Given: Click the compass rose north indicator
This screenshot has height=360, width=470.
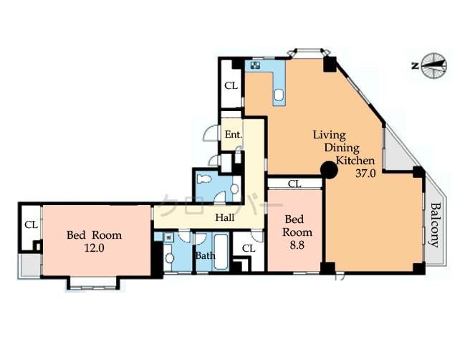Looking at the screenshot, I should (433, 65).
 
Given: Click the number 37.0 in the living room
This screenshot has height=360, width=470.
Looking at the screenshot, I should (366, 173).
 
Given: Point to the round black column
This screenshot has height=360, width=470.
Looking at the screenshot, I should (328, 170).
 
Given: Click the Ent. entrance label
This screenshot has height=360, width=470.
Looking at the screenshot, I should (233, 135).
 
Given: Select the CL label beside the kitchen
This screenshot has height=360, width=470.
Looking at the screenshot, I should (231, 85).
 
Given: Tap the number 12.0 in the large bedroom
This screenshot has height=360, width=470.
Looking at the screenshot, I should (94, 248).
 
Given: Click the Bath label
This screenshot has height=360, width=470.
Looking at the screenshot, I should (205, 255).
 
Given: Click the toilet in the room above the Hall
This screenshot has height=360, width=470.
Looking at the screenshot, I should (206, 180).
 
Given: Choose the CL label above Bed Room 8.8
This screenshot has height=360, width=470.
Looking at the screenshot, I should (294, 184).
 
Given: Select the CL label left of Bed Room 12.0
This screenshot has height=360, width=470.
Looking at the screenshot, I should (31, 224).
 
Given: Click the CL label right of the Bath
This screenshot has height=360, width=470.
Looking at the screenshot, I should (248, 248).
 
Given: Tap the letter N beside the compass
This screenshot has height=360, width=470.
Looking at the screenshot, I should (415, 66).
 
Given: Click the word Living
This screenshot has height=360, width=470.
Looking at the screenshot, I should (329, 135).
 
